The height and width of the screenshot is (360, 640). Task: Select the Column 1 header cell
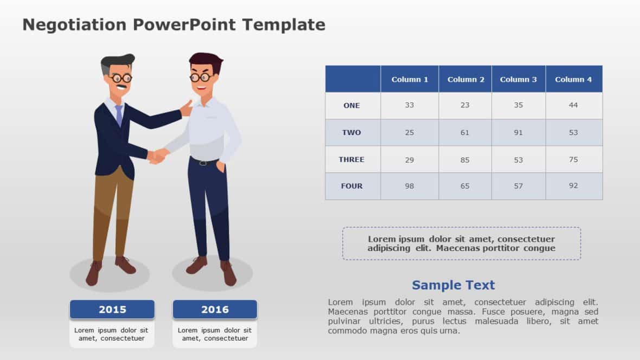tap(409, 79)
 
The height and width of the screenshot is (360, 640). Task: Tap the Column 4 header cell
tap(573, 79)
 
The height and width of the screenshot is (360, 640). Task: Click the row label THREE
tap(351, 159)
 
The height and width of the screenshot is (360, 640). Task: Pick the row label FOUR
tap(351, 186)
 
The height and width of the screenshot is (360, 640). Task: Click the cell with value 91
tap(518, 132)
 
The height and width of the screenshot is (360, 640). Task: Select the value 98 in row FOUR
tap(409, 186)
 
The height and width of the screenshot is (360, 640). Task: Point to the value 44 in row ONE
tap(573, 105)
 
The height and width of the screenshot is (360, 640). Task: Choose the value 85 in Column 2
tap(464, 159)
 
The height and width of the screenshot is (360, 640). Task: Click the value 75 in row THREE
tap(573, 159)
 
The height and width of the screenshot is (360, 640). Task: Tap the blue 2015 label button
tap(112, 310)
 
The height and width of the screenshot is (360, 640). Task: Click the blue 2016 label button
tap(215, 310)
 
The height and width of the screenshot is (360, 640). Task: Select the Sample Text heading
tap(453, 285)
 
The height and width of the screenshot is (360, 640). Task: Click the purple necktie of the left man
tap(119, 115)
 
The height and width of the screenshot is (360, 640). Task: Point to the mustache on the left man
tap(122, 86)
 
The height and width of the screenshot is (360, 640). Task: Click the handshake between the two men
tap(157, 156)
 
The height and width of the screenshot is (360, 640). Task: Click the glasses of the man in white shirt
tap(200, 77)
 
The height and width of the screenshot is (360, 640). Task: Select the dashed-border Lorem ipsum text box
tap(461, 243)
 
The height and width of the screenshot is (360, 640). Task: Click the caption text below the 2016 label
tap(215, 334)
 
